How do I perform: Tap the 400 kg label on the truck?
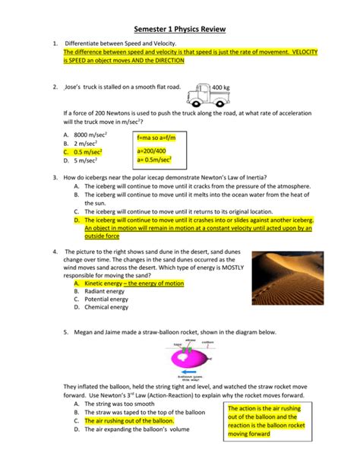coord(223,87)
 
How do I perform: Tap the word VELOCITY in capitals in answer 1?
coord(299,51)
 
